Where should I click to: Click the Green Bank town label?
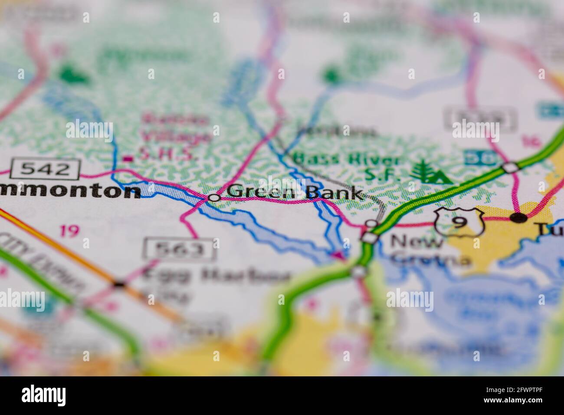[295, 192]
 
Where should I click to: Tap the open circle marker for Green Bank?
[214, 198]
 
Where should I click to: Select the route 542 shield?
[46, 169]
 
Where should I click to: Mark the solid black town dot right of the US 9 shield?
[518, 217]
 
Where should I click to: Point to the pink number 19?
[69, 231]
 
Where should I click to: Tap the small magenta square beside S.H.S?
[127, 159]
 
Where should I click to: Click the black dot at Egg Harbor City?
[118, 284]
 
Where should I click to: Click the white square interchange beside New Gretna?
[369, 237]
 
